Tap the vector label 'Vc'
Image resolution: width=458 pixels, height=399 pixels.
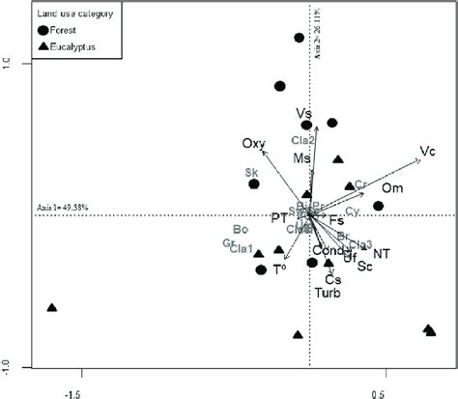428,152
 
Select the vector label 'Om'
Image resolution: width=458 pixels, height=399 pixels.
391,187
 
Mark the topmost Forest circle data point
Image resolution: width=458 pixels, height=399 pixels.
300,39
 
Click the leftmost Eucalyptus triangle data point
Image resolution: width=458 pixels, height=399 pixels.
52,308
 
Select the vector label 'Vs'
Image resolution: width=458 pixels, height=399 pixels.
303,113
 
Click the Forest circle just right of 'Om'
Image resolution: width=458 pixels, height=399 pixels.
379,205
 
